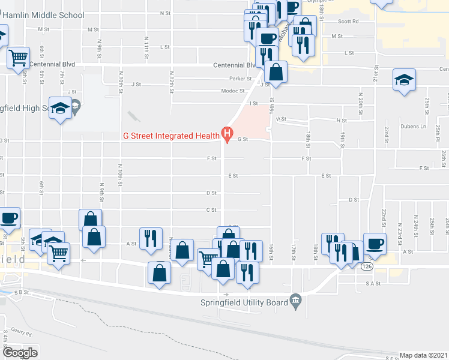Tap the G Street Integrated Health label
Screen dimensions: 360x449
[170, 136]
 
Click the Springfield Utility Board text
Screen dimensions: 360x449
[244, 303]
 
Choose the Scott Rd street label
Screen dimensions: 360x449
[348, 21]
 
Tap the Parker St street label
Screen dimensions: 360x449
[240, 79]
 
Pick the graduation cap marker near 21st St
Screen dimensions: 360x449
[404, 79]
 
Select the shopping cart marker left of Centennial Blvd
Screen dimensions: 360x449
[19, 58]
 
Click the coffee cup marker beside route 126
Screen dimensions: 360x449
[375, 243]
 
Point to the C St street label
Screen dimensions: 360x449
[211, 210]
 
